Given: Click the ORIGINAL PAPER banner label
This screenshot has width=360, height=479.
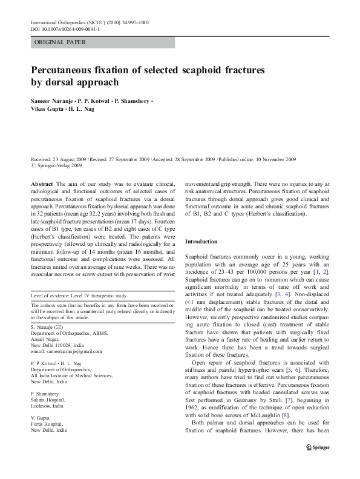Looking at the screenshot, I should pos(60,42).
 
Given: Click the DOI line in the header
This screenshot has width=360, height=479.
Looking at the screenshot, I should pos(70,28).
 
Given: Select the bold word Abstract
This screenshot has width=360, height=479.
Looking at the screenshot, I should pos(41,183).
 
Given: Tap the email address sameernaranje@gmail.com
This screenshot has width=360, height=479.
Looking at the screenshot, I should pos(68,351).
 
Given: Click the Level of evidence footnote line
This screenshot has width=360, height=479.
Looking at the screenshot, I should pos(79,295).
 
